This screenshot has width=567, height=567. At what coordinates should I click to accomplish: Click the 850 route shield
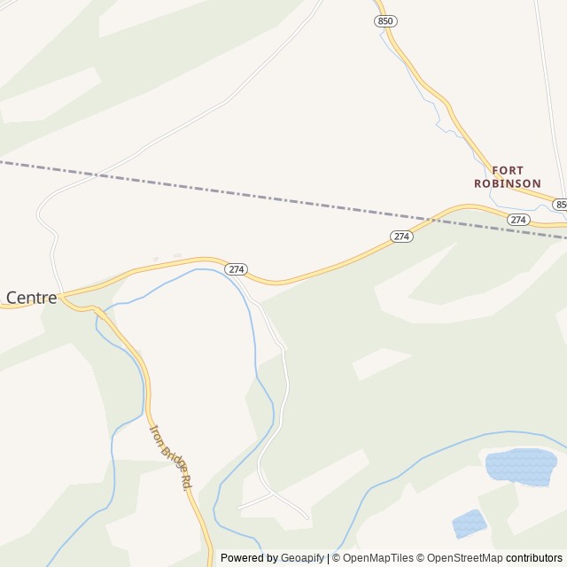coord(384,19)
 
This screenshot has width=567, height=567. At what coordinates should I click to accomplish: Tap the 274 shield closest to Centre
coord(236,268)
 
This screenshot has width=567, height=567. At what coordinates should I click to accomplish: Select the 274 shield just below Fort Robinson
coord(518,219)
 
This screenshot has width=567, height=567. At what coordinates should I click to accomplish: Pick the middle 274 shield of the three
coord(401,237)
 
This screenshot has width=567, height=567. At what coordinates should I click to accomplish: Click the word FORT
coord(508,170)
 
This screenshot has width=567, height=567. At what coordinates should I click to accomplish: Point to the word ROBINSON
coord(507,183)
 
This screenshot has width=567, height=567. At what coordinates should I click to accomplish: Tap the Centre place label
coord(31,298)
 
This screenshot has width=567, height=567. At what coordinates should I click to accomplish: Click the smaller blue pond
coord(470,523)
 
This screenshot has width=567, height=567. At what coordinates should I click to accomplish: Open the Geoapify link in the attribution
coord(302,558)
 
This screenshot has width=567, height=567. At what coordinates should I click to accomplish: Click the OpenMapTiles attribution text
coord(377,558)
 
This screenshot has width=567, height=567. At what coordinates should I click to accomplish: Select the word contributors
coord(534,558)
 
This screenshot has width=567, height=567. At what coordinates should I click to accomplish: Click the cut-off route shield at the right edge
coord(561,205)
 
